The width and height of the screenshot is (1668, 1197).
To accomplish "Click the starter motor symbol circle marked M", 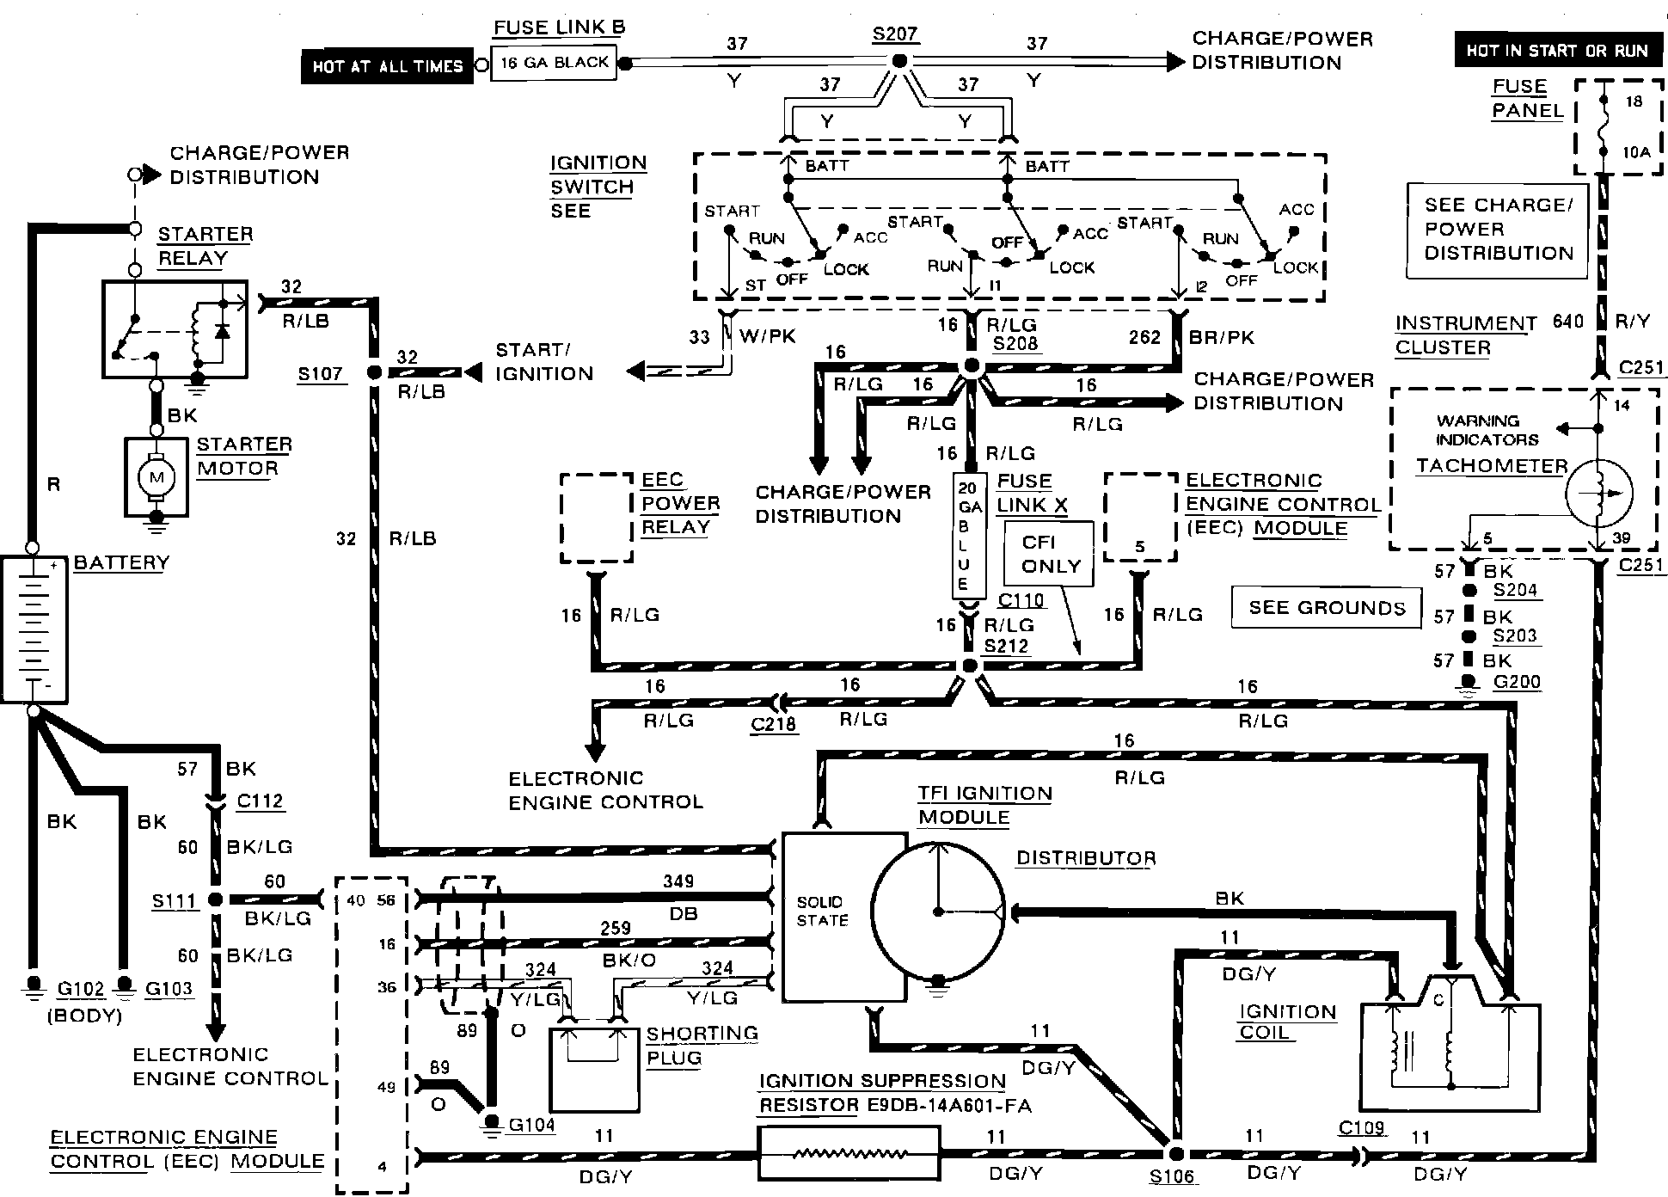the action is (156, 476).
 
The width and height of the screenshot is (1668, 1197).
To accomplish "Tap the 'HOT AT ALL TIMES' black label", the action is (387, 66).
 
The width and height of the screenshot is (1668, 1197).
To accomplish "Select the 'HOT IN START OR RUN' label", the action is (1557, 50).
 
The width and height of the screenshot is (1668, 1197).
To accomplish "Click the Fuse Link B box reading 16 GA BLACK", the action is (554, 63).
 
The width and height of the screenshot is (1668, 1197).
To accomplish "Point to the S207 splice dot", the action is (899, 61).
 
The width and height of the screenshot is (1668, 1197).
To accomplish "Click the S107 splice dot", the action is (374, 373).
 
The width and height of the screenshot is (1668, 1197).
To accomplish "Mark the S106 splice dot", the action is (1175, 1154).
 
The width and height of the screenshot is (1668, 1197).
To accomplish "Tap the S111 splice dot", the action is (216, 899).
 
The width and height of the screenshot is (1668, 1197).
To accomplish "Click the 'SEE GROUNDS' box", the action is (1327, 608).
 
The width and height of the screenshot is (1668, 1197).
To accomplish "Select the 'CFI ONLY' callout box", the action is (1050, 554).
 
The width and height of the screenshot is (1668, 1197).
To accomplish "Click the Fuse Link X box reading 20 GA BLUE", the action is (970, 535).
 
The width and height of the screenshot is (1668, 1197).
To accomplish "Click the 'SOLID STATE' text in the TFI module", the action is (821, 911).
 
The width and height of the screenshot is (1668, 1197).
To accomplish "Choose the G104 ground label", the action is (532, 1124).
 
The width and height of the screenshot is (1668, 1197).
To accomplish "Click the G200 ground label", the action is (1517, 682).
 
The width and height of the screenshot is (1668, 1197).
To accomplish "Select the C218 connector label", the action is (774, 724).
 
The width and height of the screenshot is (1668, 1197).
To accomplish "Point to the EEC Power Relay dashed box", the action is (597, 518).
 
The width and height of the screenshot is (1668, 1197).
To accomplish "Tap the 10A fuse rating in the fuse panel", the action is (1636, 152).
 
